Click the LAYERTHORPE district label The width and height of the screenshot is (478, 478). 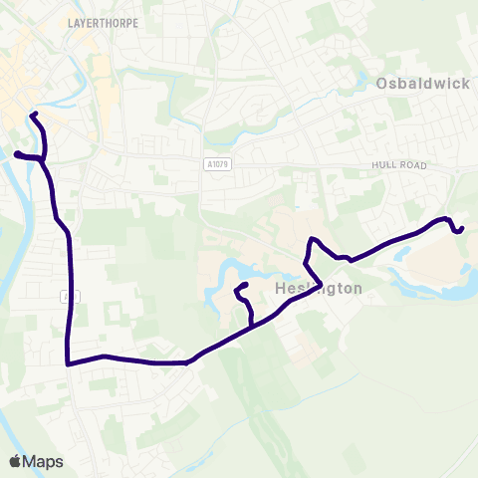pos(102,20)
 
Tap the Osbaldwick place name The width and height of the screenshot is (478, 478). pos(423,84)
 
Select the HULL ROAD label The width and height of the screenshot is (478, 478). pos(399,164)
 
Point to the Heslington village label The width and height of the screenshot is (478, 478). pos(317,288)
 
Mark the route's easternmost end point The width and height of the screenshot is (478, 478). pos(463,228)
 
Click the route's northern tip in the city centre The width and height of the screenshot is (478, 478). pos(32,115)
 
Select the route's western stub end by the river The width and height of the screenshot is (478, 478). pos(15,153)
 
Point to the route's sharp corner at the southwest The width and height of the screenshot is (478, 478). pos(67,364)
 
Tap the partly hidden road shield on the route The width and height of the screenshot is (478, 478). pos(65,296)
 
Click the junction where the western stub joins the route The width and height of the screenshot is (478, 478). pos(44,158)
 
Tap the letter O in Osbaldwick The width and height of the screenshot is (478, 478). pos(383,84)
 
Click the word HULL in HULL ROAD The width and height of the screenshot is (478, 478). pos(382,164)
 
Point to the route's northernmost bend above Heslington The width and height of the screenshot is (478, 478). pos(313,239)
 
